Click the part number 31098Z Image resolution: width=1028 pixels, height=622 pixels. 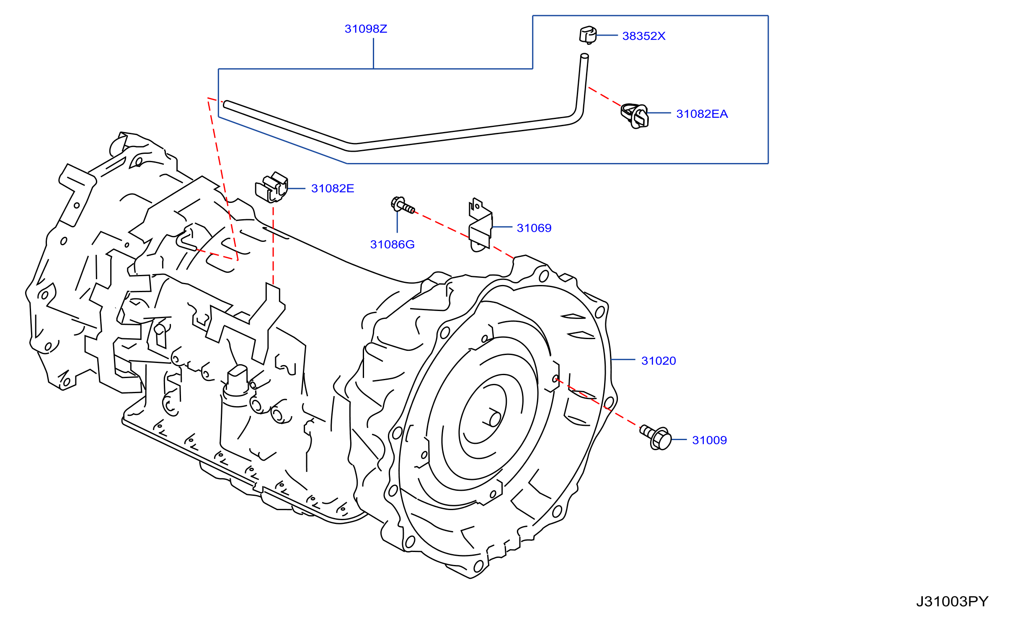(366, 29)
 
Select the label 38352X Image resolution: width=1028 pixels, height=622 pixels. (644, 36)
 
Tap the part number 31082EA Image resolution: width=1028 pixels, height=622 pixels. (702, 114)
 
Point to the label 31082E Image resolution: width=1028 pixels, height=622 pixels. (333, 189)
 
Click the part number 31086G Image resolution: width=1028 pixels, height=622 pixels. (393, 244)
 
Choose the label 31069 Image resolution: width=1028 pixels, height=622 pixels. (534, 228)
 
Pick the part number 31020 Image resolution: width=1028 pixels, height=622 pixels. (659, 361)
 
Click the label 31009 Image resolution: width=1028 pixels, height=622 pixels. (710, 440)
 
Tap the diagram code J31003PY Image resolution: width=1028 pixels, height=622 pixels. (952, 602)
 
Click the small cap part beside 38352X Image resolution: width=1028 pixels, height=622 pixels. (588, 35)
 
